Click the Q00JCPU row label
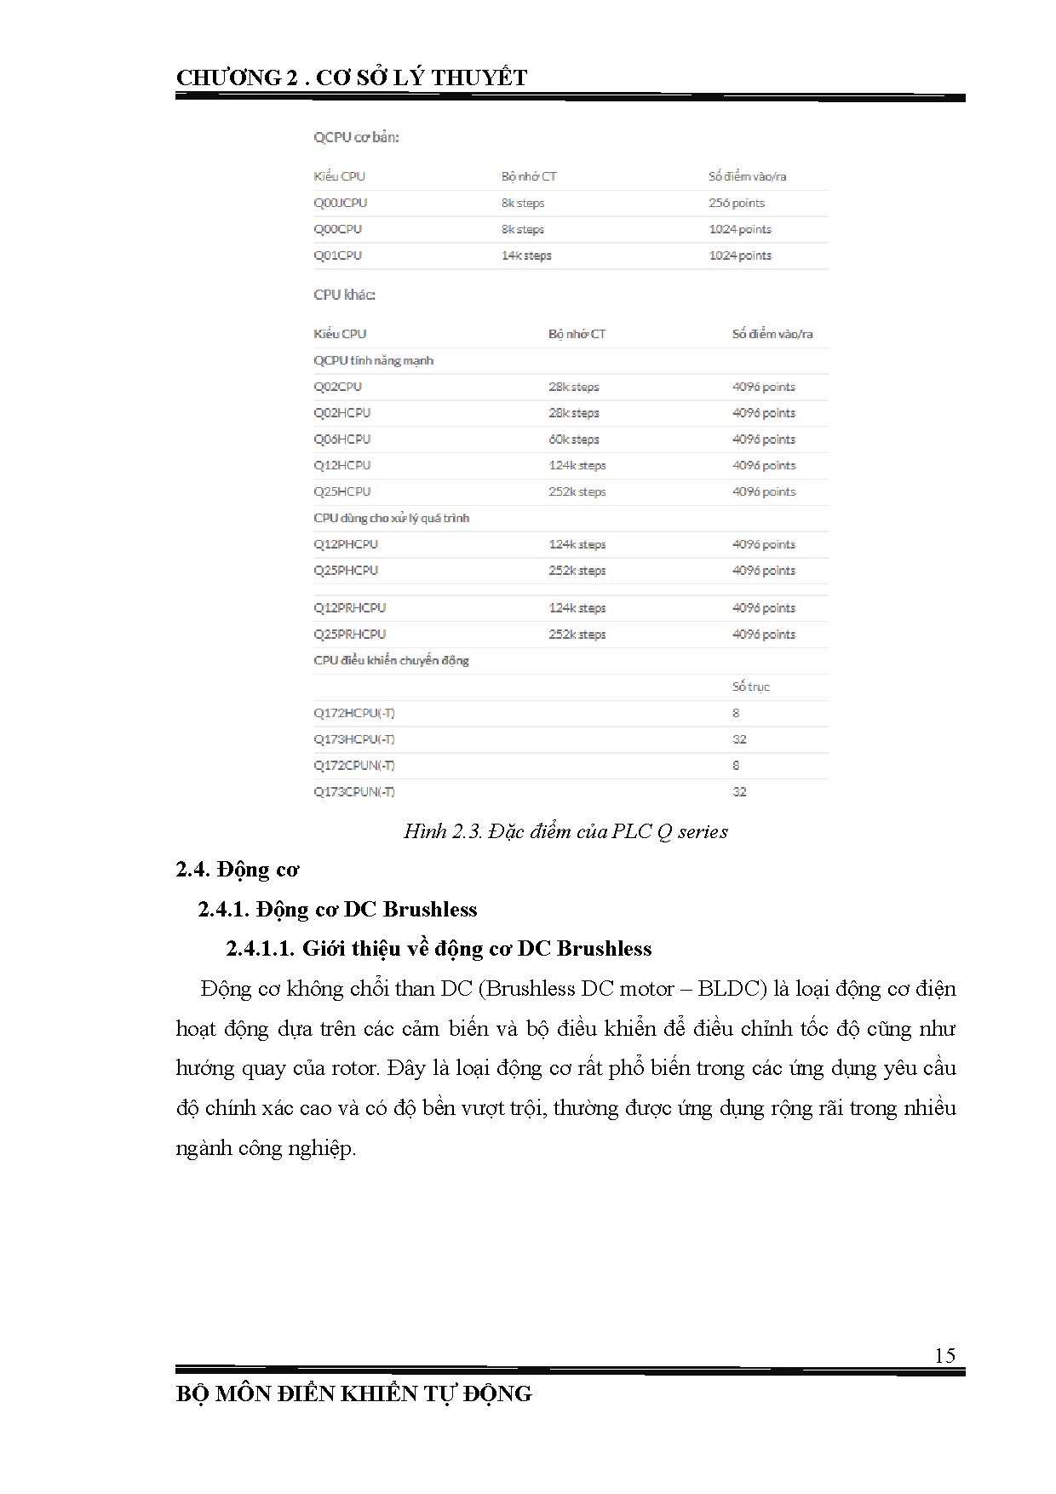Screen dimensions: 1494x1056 click(340, 203)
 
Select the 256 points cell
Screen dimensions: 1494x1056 click(736, 203)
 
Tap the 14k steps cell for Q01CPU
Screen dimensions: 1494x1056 click(525, 256)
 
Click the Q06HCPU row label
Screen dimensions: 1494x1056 click(341, 440)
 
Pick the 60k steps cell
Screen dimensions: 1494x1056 click(573, 440)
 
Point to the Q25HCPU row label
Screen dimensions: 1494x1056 click(341, 491)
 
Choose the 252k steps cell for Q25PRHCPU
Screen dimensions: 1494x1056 click(577, 635)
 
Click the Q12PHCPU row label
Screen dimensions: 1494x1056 click(345, 544)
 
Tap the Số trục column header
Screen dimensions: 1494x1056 click(750, 687)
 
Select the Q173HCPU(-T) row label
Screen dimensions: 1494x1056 click(353, 739)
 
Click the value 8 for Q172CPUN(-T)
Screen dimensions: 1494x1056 click(736, 766)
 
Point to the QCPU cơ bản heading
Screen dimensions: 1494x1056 click(356, 137)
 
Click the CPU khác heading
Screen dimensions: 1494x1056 click(344, 295)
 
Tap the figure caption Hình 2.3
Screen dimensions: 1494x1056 click(565, 831)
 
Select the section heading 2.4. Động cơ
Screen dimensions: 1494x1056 click(238, 870)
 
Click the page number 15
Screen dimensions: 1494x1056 click(944, 1355)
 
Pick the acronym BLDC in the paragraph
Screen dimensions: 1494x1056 click(728, 989)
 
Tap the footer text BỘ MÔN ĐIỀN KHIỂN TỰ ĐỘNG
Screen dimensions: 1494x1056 click(353, 1394)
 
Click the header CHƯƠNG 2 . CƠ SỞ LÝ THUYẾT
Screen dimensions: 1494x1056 click(352, 78)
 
